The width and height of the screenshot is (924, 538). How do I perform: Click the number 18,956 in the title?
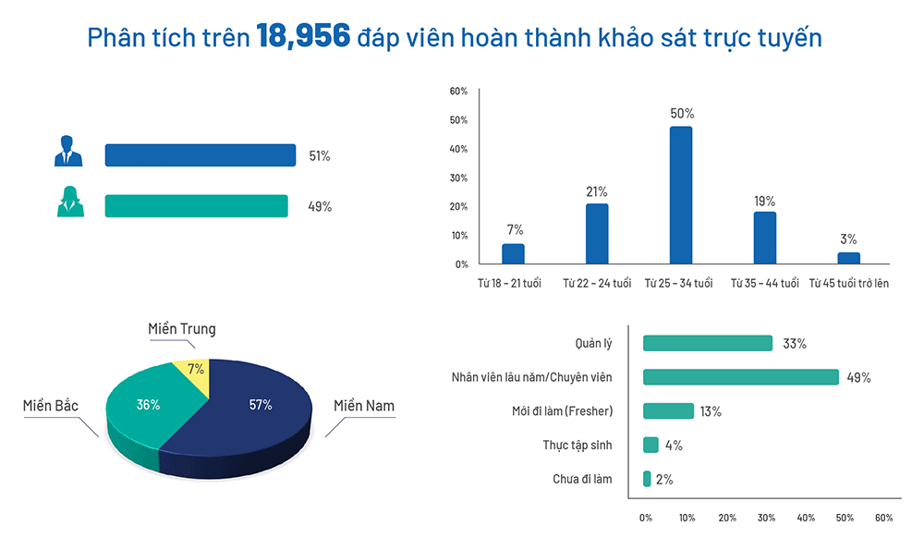303,37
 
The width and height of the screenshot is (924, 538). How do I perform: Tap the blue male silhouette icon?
68,151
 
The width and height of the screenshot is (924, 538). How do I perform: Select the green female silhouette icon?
70,202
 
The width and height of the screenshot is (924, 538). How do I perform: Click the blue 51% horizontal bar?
201,155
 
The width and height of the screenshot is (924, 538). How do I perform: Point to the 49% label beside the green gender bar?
320,207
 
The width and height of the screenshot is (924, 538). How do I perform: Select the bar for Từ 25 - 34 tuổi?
681,195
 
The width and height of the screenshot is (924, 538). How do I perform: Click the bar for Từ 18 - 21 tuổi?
513,254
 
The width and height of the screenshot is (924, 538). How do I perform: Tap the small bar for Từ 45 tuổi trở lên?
848,258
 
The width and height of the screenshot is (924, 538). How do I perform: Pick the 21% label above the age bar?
597,192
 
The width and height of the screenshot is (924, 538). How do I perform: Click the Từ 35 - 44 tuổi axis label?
765,284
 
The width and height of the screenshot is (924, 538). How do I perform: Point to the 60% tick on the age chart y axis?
458,92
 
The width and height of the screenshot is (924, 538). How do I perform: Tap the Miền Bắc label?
51,406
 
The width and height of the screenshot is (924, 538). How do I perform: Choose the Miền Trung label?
182,329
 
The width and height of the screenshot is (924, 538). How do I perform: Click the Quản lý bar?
708,343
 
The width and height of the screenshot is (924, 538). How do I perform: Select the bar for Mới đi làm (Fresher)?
668,410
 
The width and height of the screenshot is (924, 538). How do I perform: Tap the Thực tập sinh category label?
577,446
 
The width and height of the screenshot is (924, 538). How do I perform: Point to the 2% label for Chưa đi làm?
664,480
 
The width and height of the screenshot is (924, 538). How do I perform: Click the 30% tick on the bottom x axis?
767,518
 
